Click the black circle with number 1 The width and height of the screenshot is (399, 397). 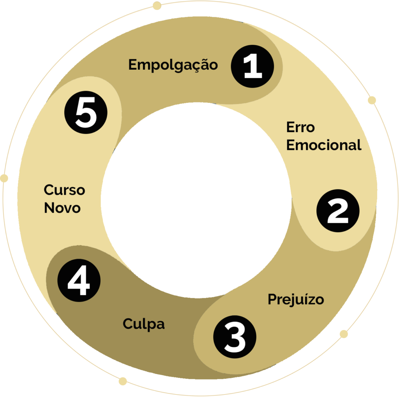[252, 67]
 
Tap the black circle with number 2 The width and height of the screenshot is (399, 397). [337, 211]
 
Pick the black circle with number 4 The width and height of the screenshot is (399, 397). [79, 281]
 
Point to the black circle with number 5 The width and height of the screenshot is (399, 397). [86, 113]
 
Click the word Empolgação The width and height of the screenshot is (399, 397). [173, 65]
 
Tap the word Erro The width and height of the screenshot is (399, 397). [300, 127]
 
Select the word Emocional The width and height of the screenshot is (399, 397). [324, 145]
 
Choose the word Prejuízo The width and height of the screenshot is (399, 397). [296, 300]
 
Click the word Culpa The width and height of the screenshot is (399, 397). [144, 324]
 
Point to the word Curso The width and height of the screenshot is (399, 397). [64, 190]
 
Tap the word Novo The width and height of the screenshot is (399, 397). [62, 208]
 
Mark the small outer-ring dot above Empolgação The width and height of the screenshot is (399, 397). [157, 5]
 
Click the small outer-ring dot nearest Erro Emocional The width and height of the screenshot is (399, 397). [372, 100]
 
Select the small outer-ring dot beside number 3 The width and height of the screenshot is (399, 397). [344, 334]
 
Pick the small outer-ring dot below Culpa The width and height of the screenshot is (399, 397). [123, 381]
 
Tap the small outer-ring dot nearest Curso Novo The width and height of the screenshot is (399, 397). [4, 178]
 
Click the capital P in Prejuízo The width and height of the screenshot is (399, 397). [272, 300]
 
